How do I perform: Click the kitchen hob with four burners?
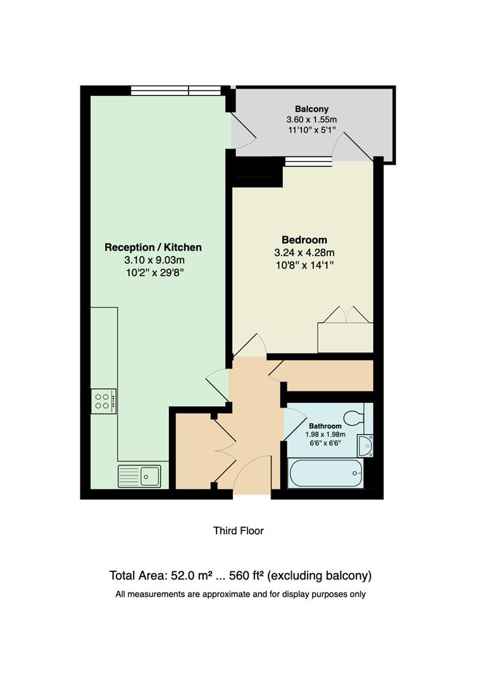(103, 400)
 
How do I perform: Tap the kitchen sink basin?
(150, 476)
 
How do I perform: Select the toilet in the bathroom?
(353, 418)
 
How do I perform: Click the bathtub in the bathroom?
(325, 474)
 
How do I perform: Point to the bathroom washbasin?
(365, 445)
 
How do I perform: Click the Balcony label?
(311, 109)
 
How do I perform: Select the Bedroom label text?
(304, 240)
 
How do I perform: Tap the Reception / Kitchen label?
(153, 247)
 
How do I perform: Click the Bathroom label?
(325, 426)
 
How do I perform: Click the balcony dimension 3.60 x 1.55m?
(311, 120)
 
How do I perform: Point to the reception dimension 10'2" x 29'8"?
(153, 273)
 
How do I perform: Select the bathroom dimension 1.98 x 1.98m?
(325, 434)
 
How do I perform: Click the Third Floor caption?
(239, 531)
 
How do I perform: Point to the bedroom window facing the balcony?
(308, 161)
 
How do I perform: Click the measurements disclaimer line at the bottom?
(240, 594)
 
